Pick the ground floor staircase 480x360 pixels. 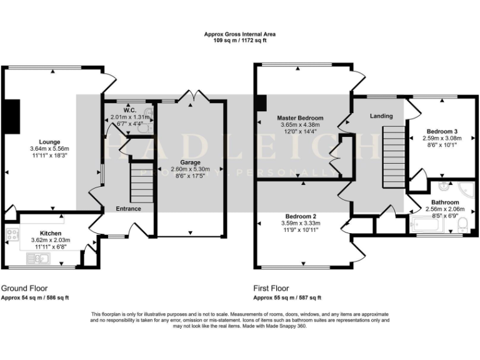[x=142, y=181]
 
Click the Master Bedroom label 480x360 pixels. [x=301, y=118]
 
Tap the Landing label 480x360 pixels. [x=381, y=116]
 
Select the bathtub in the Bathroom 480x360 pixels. [x=434, y=226]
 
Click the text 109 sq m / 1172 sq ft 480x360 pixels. [x=240, y=40]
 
